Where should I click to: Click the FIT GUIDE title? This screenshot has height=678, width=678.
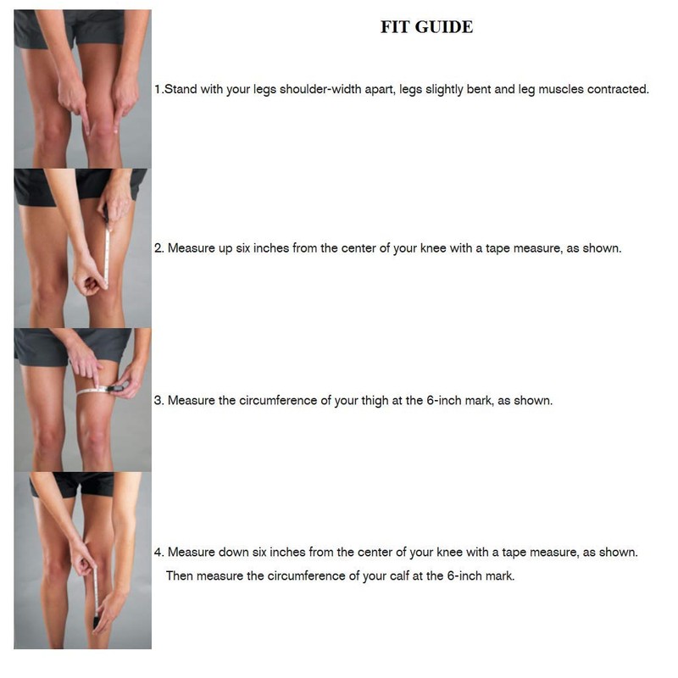(426, 27)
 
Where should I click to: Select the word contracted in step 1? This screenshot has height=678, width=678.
(618, 89)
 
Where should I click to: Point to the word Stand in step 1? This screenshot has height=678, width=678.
(180, 89)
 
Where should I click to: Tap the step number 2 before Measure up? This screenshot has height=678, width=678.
(158, 249)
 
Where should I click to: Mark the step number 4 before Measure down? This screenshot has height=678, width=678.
(158, 552)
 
